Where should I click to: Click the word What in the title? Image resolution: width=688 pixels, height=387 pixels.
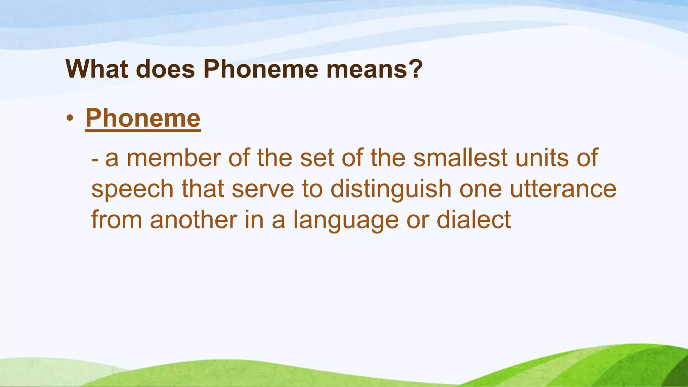[x=97, y=69]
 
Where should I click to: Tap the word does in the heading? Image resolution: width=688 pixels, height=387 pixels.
[x=165, y=69]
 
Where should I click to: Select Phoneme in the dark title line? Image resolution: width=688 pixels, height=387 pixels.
[x=261, y=69]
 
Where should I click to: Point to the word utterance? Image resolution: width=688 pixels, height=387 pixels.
[x=563, y=189]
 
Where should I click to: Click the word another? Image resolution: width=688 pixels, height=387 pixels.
[x=193, y=220]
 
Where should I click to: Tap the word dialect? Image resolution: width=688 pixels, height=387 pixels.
[x=474, y=220]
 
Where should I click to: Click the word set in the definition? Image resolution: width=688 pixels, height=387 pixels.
[x=317, y=158]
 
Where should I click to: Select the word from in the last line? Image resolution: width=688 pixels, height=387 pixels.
[x=117, y=220]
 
